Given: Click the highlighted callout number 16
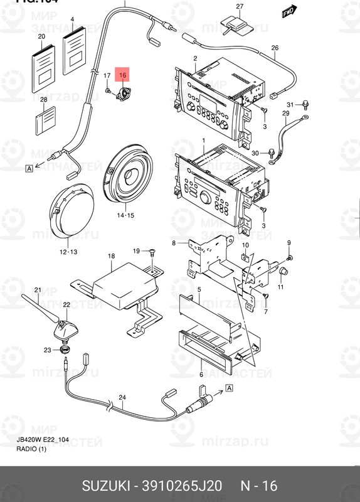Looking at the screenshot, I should point(123,75).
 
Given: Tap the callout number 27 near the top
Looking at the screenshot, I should point(239,6).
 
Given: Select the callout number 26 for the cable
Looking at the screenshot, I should point(274,48).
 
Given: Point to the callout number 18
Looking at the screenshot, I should point(111,256).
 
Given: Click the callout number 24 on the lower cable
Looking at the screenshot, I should point(122,397).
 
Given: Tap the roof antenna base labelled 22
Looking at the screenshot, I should point(64,329).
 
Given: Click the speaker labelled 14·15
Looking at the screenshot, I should point(130,173).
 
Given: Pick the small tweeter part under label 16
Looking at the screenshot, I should point(124,93).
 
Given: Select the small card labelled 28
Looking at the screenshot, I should point(45,119).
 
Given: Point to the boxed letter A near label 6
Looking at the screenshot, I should point(228,388).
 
